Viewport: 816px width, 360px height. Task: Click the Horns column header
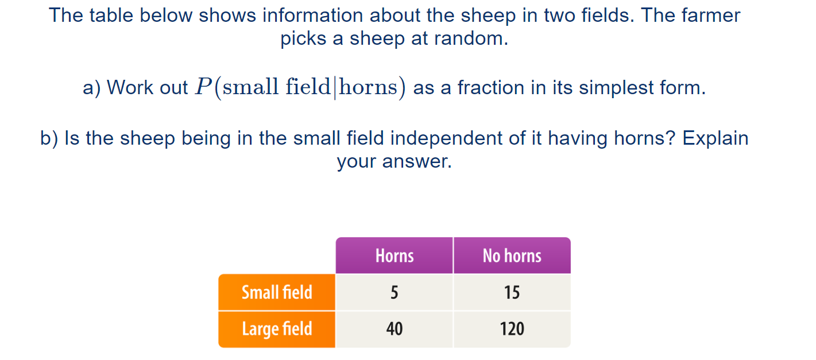click(x=395, y=256)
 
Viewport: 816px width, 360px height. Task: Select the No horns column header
click(x=512, y=256)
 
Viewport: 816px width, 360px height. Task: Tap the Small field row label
click(x=277, y=292)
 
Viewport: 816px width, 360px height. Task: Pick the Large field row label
click(x=277, y=329)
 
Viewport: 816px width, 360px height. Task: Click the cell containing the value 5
click(x=394, y=293)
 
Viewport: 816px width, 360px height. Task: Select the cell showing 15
click(x=512, y=293)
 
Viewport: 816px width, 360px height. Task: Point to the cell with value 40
click(x=394, y=329)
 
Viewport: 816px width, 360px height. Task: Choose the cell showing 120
click(x=512, y=329)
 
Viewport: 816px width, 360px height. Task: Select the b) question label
click(x=50, y=138)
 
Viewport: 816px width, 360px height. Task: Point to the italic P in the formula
click(x=203, y=87)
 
